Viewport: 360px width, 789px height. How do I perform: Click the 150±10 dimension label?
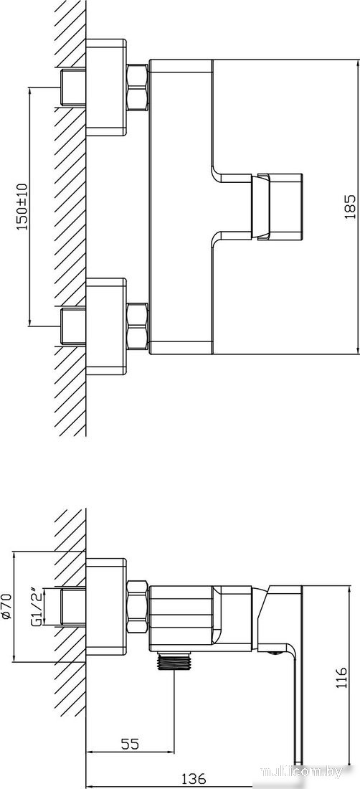pos(23,207)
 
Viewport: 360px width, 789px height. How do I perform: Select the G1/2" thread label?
pos(36,607)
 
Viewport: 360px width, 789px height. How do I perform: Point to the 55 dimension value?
pos(130,743)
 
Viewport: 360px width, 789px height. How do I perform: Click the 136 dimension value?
pos(193,779)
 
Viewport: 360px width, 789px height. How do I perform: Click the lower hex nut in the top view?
pos(137,326)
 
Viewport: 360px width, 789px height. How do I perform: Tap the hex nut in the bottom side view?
pos(137,607)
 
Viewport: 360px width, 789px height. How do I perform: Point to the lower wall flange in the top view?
pos(105,326)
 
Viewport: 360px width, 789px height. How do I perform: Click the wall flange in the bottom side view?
pos(105,607)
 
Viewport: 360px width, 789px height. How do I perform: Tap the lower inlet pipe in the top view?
pos(73,326)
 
